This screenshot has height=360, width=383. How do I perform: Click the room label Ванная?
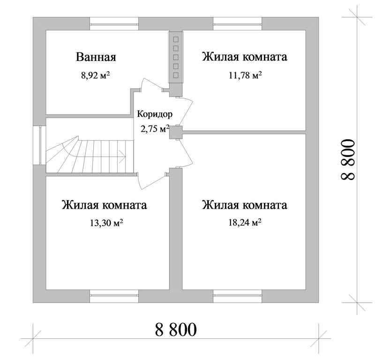click(96, 57)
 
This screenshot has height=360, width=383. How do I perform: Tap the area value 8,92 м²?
click(95, 75)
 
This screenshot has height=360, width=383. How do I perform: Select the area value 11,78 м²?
click(245, 75)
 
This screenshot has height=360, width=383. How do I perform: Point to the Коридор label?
click(155, 114)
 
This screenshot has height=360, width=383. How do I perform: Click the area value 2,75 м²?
click(155, 128)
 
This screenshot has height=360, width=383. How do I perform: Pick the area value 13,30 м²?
click(106, 223)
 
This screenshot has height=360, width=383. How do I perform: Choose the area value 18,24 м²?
click(245, 223)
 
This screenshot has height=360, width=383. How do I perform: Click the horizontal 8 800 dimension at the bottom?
click(176, 330)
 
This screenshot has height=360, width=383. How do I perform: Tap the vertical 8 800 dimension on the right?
click(347, 160)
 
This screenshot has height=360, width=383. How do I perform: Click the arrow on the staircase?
click(122, 156)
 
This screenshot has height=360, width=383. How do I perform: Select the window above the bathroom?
click(114, 24)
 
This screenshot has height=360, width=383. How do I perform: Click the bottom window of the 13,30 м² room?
click(114, 296)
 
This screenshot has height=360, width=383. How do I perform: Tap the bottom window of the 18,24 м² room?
click(237, 296)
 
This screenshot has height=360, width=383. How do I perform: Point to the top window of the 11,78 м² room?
click(237, 24)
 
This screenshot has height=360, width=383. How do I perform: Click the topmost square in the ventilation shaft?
click(176, 39)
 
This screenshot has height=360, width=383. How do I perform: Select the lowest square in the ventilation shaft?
click(176, 75)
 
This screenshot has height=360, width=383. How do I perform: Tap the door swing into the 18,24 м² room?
click(185, 153)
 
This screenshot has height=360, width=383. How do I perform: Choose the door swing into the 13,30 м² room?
click(152, 181)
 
